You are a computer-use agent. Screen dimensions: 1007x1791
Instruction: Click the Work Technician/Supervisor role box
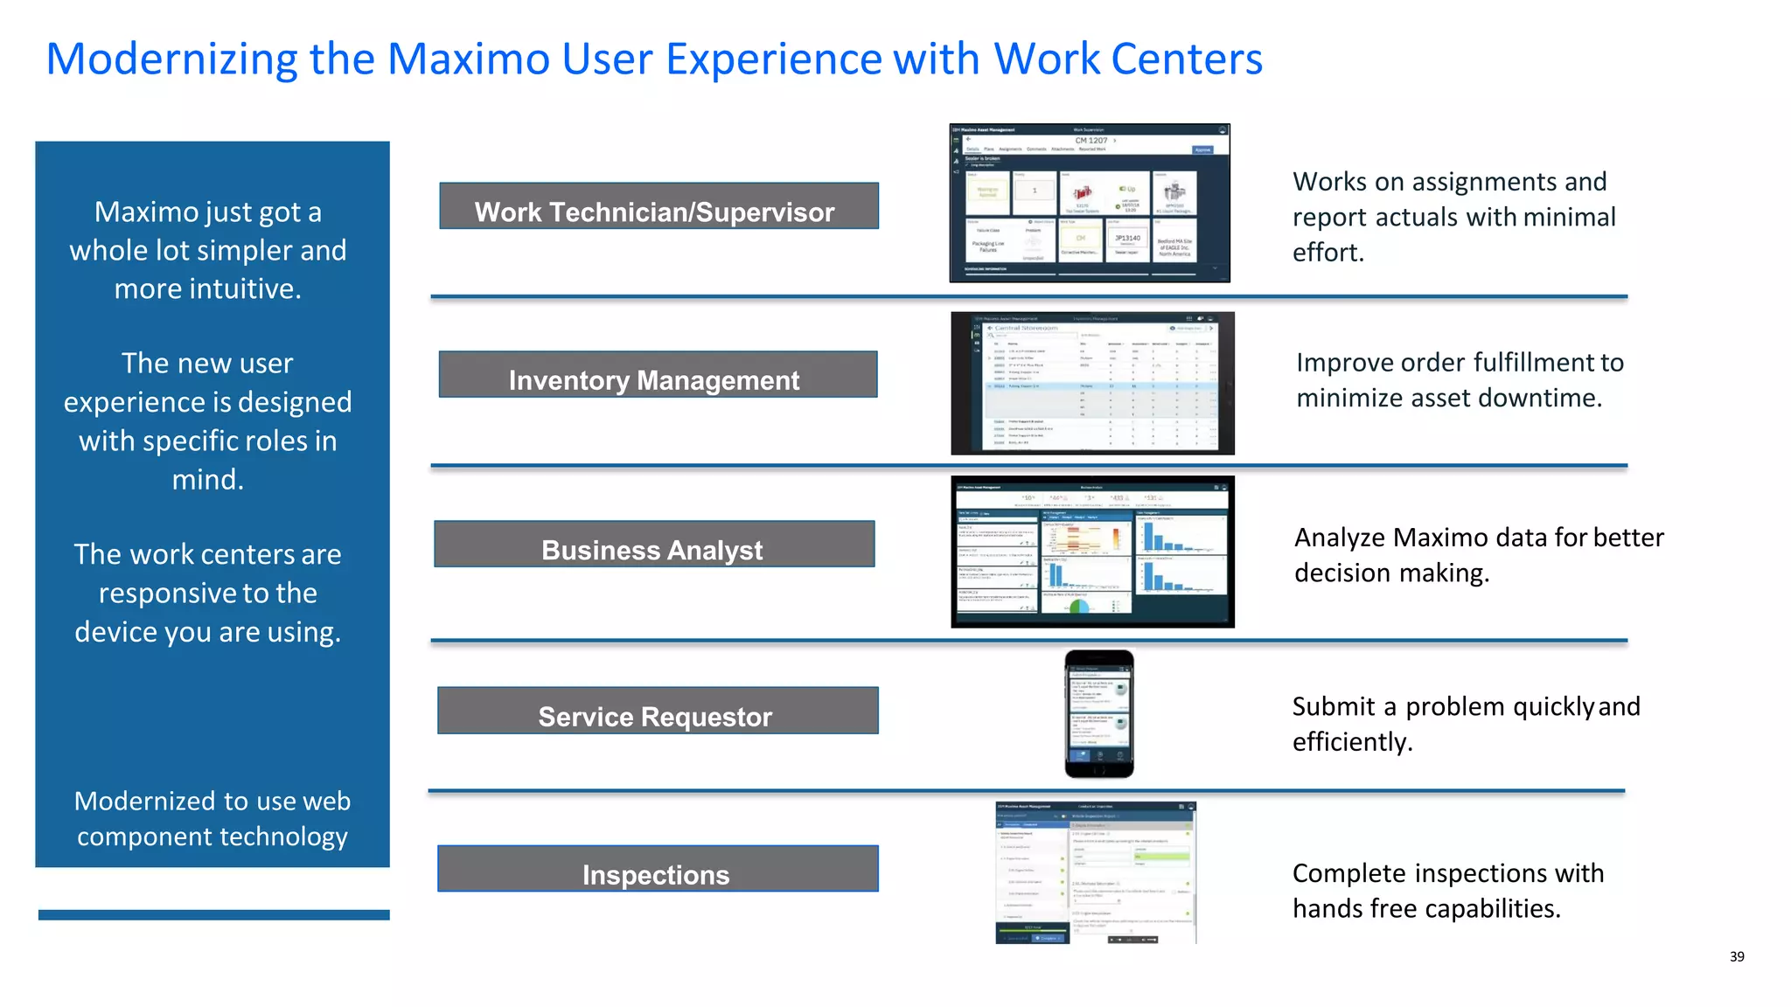click(659, 206)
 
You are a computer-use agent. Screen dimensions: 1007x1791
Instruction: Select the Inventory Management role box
click(658, 375)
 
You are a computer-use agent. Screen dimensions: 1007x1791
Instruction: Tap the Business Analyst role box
click(654, 545)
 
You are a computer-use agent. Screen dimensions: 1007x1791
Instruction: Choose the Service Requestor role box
click(658, 711)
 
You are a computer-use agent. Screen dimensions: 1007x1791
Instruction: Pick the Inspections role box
click(658, 869)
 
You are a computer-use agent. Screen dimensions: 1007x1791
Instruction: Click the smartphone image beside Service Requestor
click(1099, 713)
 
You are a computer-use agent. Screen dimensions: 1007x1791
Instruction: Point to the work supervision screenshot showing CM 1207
click(1090, 203)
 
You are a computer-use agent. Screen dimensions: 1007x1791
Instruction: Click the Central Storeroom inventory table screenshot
click(1092, 383)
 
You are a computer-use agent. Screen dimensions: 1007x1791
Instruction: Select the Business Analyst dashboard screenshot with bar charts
click(1092, 552)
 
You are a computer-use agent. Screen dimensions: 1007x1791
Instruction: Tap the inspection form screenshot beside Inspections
click(1096, 872)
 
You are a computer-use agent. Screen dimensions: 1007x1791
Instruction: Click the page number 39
click(1737, 956)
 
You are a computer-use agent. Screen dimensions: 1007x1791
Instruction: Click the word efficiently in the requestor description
click(1351, 742)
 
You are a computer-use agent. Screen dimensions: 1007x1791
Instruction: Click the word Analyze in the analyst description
click(1339, 538)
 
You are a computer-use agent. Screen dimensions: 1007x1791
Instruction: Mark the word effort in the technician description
click(1327, 253)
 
